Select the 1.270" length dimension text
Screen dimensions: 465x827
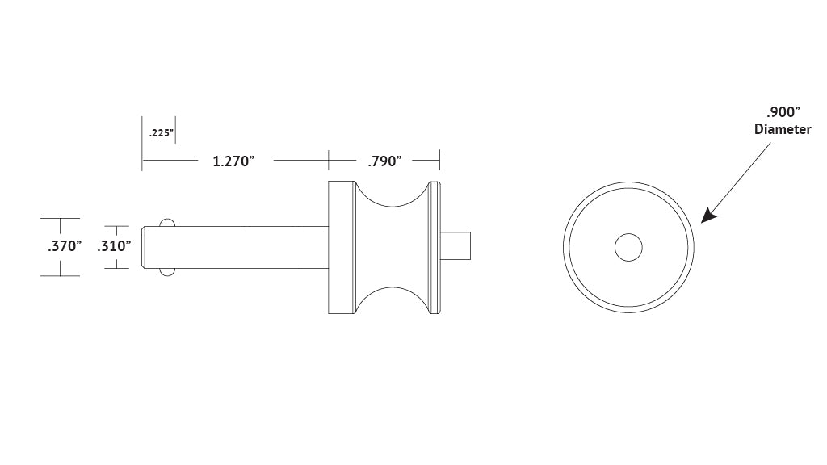pos(233,161)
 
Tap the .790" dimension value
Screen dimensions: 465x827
pos(384,161)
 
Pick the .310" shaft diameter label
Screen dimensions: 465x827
pos(114,246)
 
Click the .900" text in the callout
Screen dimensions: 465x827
pos(782,112)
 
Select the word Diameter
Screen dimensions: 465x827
pos(782,129)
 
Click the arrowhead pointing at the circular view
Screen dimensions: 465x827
pos(708,216)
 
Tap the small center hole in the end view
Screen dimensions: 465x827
pos(628,248)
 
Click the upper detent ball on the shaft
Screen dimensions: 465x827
pos(167,222)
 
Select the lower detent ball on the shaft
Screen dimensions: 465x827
pos(167,272)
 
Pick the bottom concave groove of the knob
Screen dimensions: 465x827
pos(392,301)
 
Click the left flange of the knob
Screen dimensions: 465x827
pos(342,247)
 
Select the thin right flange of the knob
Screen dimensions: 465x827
pos(436,247)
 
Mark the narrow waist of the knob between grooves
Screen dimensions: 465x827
pos(392,247)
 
